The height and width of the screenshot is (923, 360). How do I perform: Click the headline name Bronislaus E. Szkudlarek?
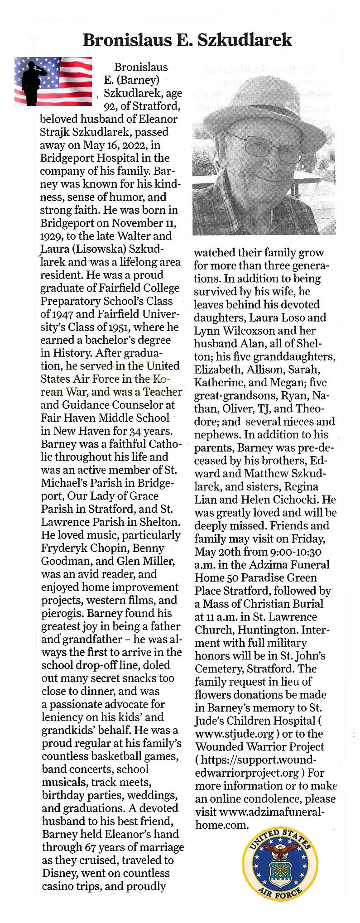click(x=187, y=40)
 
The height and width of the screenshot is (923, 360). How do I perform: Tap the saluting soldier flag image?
click(x=53, y=82)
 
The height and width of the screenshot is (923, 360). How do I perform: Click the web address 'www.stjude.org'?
click(x=234, y=734)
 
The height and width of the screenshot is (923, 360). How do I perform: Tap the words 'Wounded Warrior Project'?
click(x=259, y=747)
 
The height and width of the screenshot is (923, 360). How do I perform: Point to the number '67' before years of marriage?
click(x=91, y=847)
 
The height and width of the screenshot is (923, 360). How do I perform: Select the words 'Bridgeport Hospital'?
click(x=89, y=159)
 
